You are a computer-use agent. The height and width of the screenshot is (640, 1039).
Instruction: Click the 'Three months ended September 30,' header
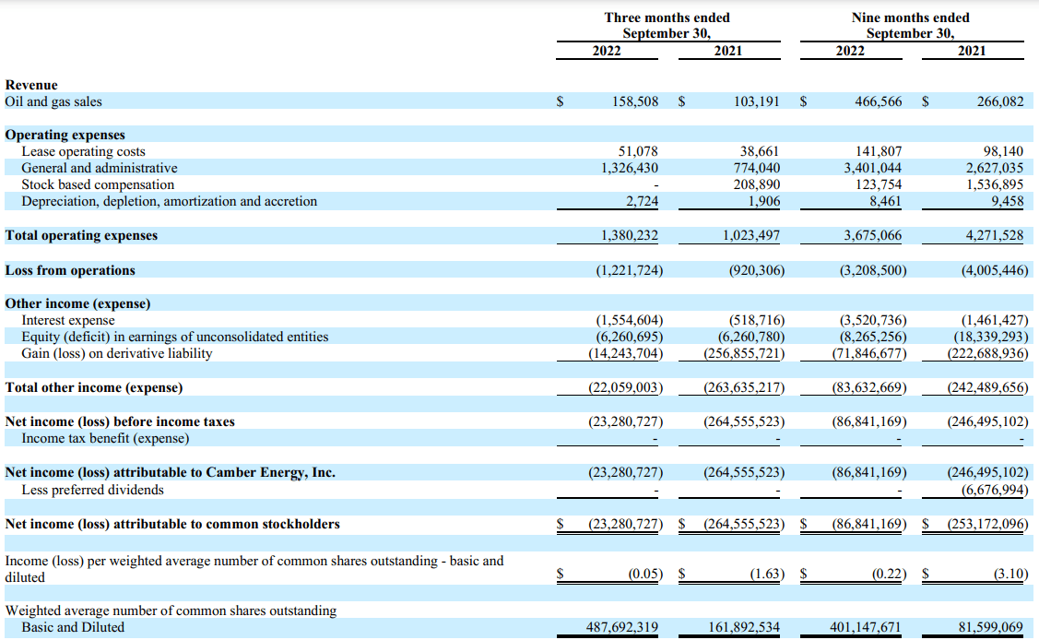click(667, 25)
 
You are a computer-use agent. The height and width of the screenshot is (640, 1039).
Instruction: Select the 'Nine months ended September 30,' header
click(910, 25)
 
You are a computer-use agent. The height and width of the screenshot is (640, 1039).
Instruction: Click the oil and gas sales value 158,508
click(635, 101)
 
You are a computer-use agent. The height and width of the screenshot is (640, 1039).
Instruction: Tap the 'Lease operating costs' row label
click(83, 151)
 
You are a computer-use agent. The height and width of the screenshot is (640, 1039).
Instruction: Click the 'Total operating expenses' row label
click(81, 235)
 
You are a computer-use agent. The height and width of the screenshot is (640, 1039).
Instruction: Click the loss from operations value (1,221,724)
click(629, 270)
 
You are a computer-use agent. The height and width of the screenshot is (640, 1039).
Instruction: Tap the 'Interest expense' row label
click(68, 320)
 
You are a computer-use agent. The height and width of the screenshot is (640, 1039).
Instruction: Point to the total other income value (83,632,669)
click(868, 387)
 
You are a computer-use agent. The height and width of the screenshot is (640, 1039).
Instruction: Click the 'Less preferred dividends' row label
click(92, 490)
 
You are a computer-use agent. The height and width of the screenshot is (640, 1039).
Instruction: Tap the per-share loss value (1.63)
click(766, 574)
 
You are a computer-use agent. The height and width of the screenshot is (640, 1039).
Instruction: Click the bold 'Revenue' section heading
click(31, 85)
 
